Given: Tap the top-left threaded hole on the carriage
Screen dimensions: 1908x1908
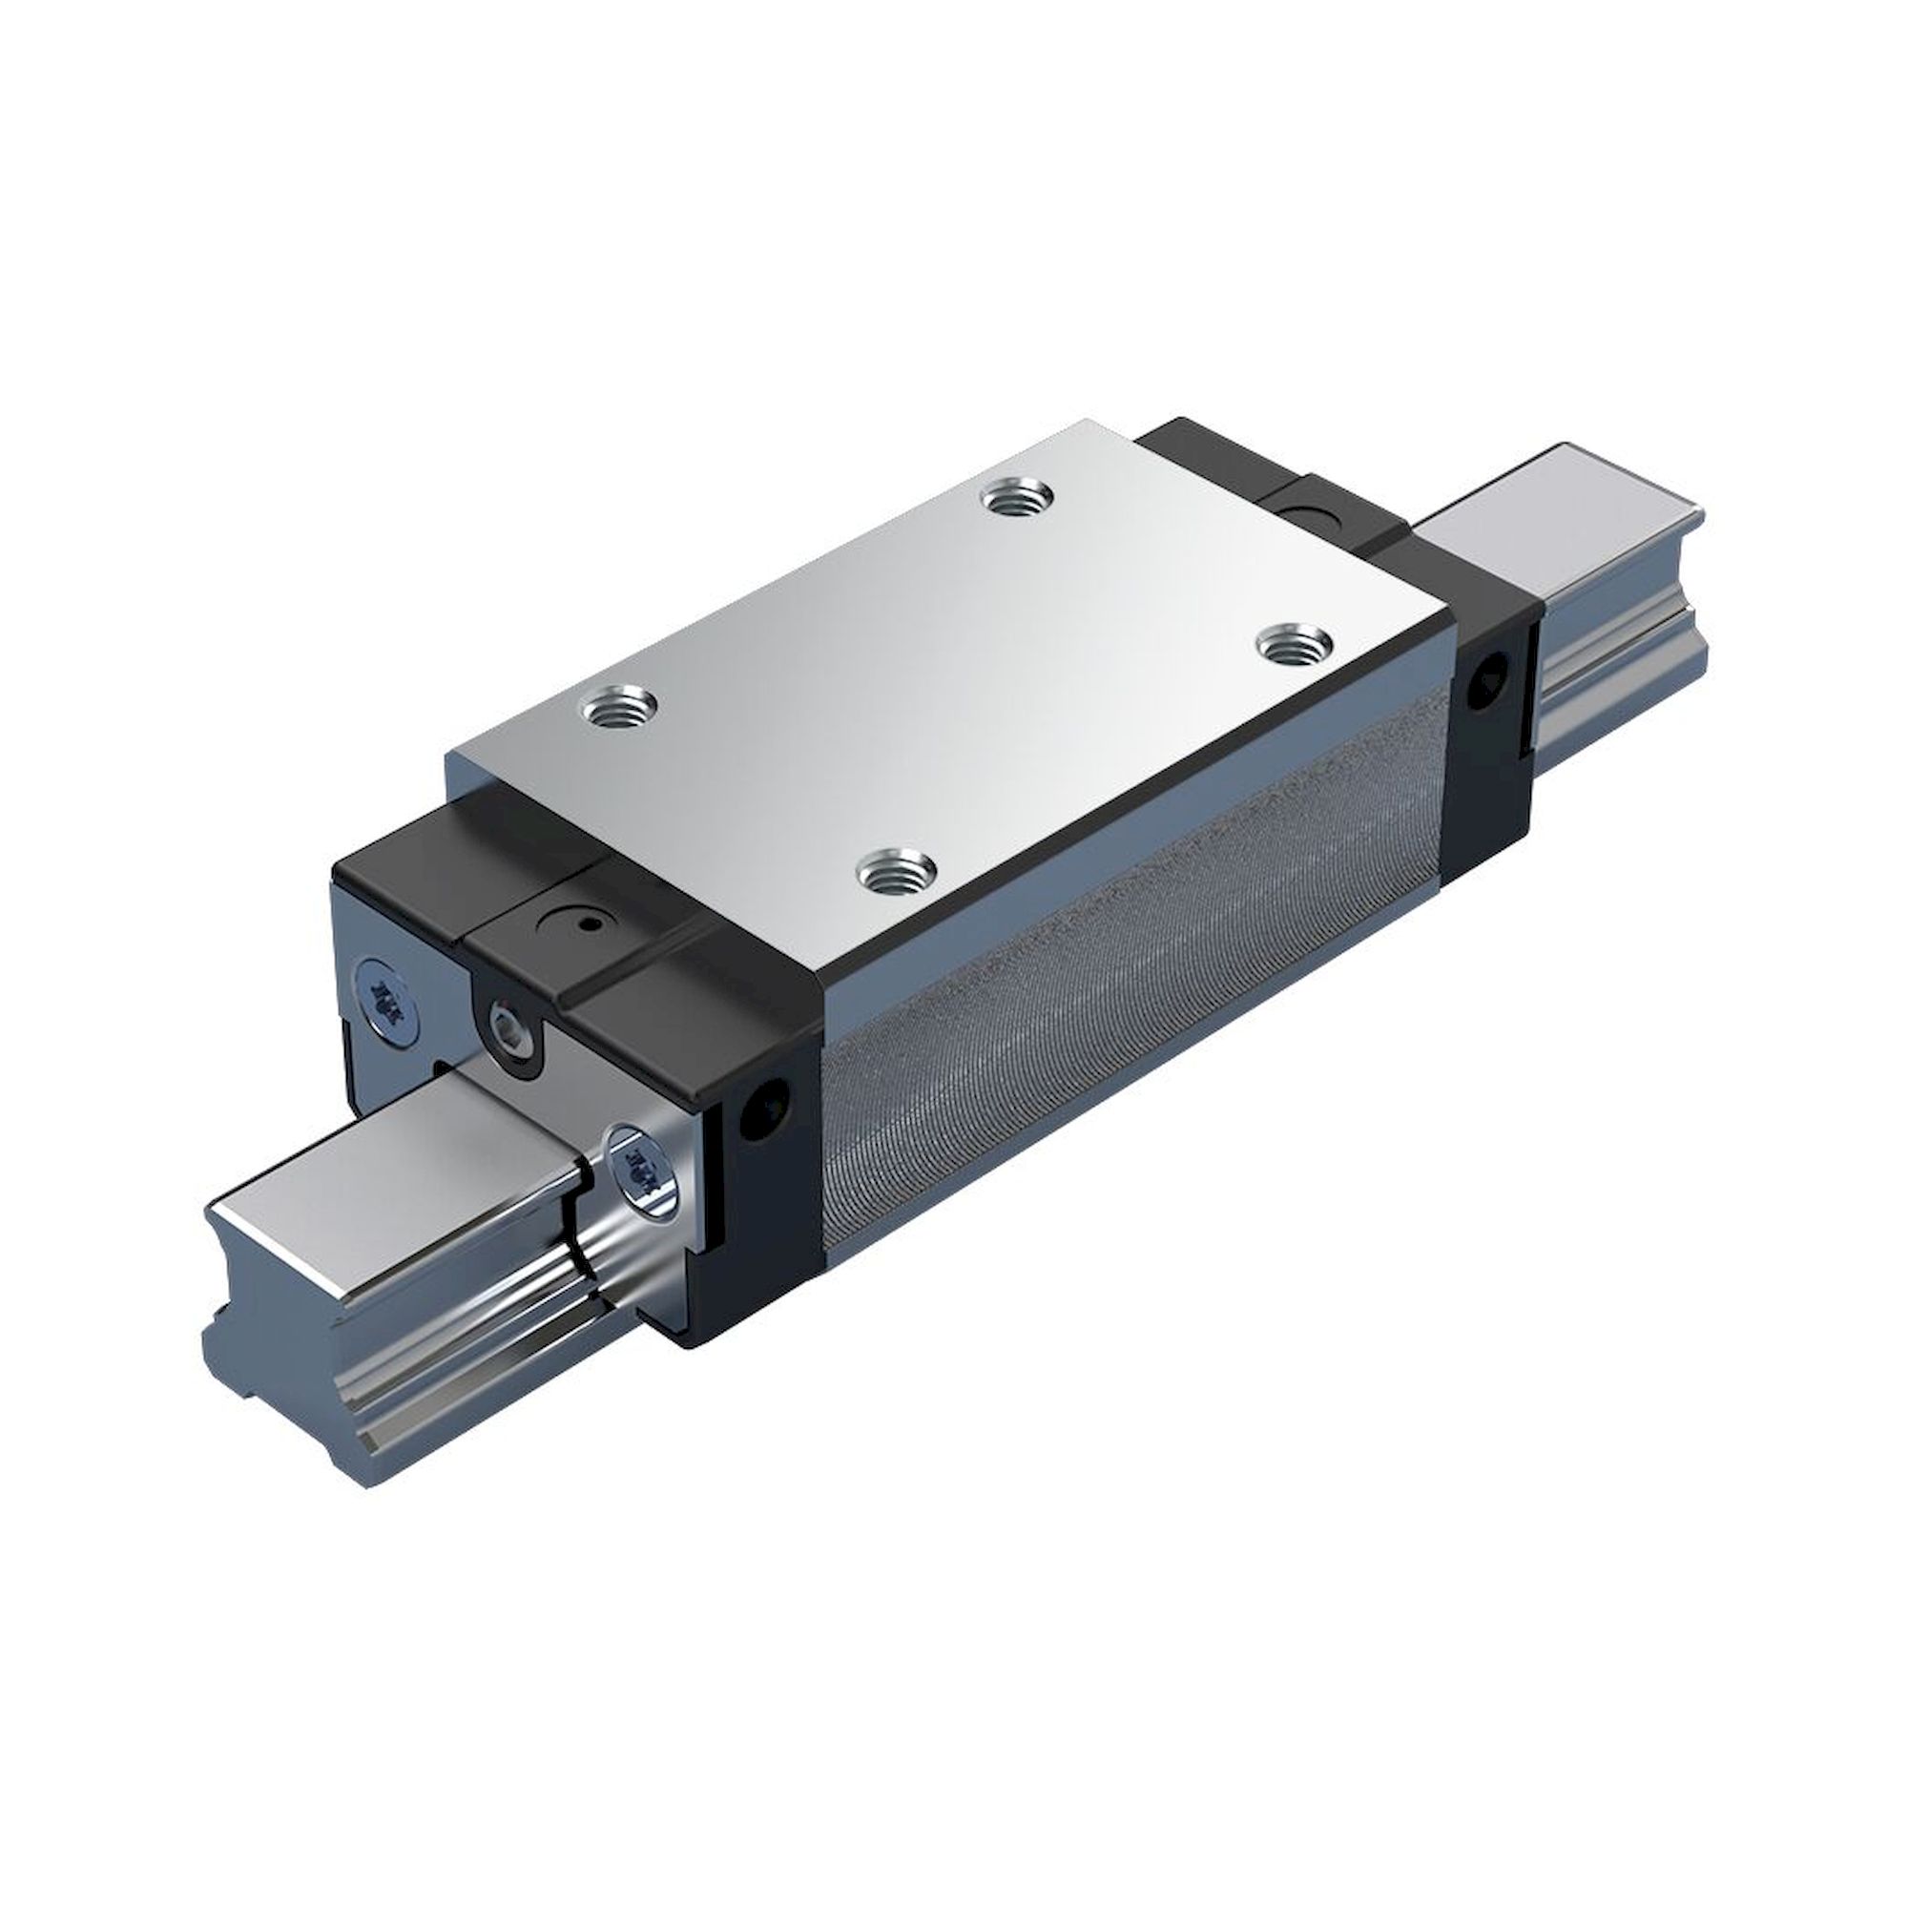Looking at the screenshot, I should point(620,706).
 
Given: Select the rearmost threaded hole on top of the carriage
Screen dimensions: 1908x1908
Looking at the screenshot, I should point(1021,497).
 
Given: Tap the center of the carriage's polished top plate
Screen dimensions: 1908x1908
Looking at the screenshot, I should point(948,672).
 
